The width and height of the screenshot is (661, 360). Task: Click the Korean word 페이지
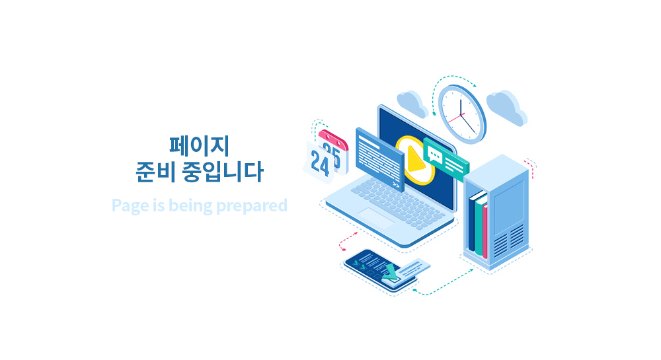click(199, 146)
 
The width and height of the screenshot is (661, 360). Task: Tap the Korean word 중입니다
click(223, 171)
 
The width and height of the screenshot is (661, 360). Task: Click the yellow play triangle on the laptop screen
click(416, 159)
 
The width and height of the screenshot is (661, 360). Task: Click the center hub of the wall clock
click(460, 114)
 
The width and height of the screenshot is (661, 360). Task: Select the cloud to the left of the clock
click(412, 104)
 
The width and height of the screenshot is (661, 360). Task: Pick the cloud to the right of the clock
click(507, 108)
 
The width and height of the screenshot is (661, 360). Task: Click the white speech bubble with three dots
click(434, 156)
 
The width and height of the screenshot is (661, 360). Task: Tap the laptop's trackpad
click(376, 218)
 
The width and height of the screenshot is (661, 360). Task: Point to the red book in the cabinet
click(485, 231)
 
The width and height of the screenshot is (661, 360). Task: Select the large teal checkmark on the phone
click(391, 272)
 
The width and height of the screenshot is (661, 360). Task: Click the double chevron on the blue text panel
click(395, 184)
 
